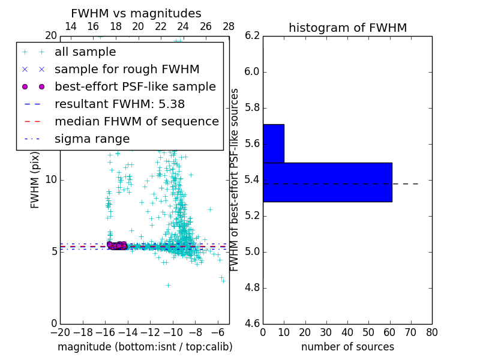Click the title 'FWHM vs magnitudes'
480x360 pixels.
tap(136, 13)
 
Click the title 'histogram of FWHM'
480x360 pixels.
tap(347, 28)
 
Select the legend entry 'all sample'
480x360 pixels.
tap(85, 52)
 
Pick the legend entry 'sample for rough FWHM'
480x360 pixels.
tap(127, 69)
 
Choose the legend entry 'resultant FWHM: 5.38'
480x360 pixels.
tap(119, 104)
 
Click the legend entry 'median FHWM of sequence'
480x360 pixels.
tap(136, 121)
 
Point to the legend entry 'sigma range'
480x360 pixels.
tap(92, 139)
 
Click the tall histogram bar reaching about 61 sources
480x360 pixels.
tap(327, 182)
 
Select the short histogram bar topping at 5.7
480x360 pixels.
tap(273, 143)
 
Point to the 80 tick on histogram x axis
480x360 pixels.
tap(431, 332)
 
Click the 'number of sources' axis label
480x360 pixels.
tap(347, 347)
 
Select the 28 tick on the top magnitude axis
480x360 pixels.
tap(229, 26)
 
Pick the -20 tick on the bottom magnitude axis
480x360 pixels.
tap(60, 332)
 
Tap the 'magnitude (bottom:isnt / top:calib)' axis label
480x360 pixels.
tap(145, 347)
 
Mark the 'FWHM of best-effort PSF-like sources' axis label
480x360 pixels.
tap(235, 179)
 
